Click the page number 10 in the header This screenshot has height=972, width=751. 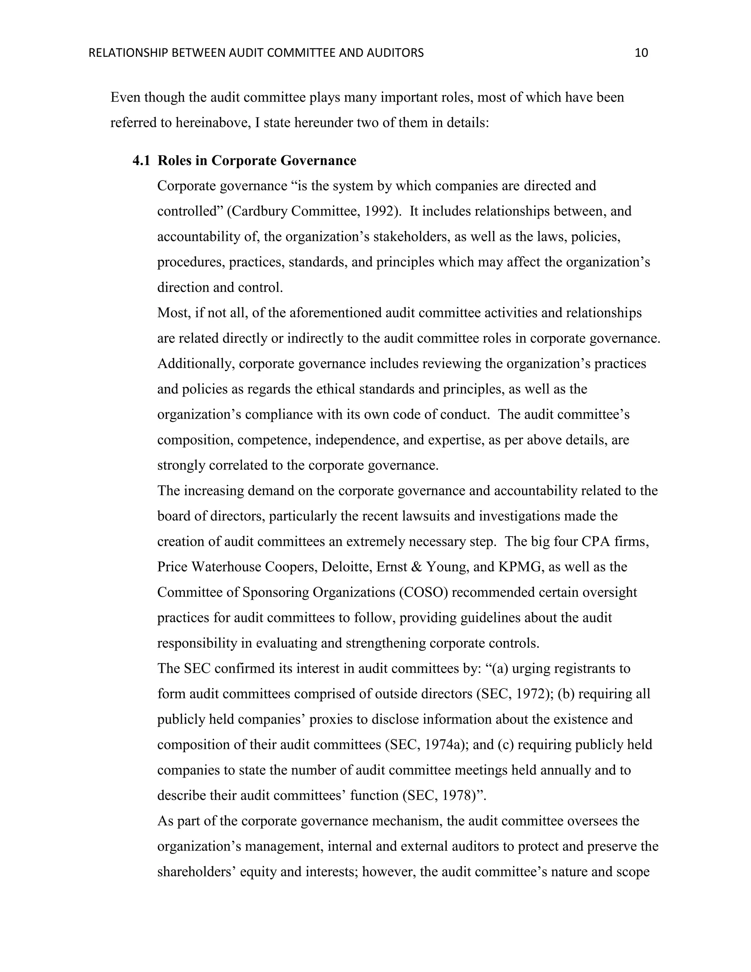tap(641, 53)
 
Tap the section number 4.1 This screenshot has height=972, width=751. tap(142, 161)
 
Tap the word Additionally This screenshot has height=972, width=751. tap(195, 363)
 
